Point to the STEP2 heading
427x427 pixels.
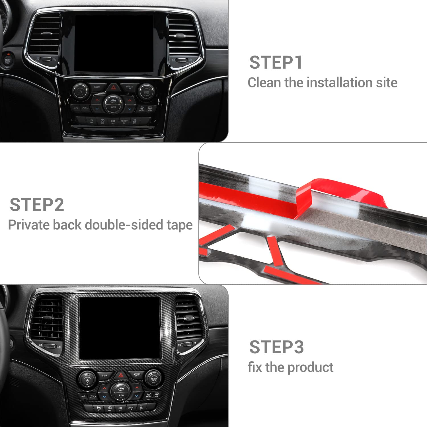coord(37,205)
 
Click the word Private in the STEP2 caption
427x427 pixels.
coord(30,225)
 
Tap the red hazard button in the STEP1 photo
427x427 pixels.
coord(113,87)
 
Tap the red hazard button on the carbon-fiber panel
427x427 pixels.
coord(121,375)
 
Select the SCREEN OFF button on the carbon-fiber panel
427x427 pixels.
coord(137,375)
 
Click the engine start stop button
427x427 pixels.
coord(7,61)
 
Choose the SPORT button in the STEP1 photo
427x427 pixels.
coord(124,122)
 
